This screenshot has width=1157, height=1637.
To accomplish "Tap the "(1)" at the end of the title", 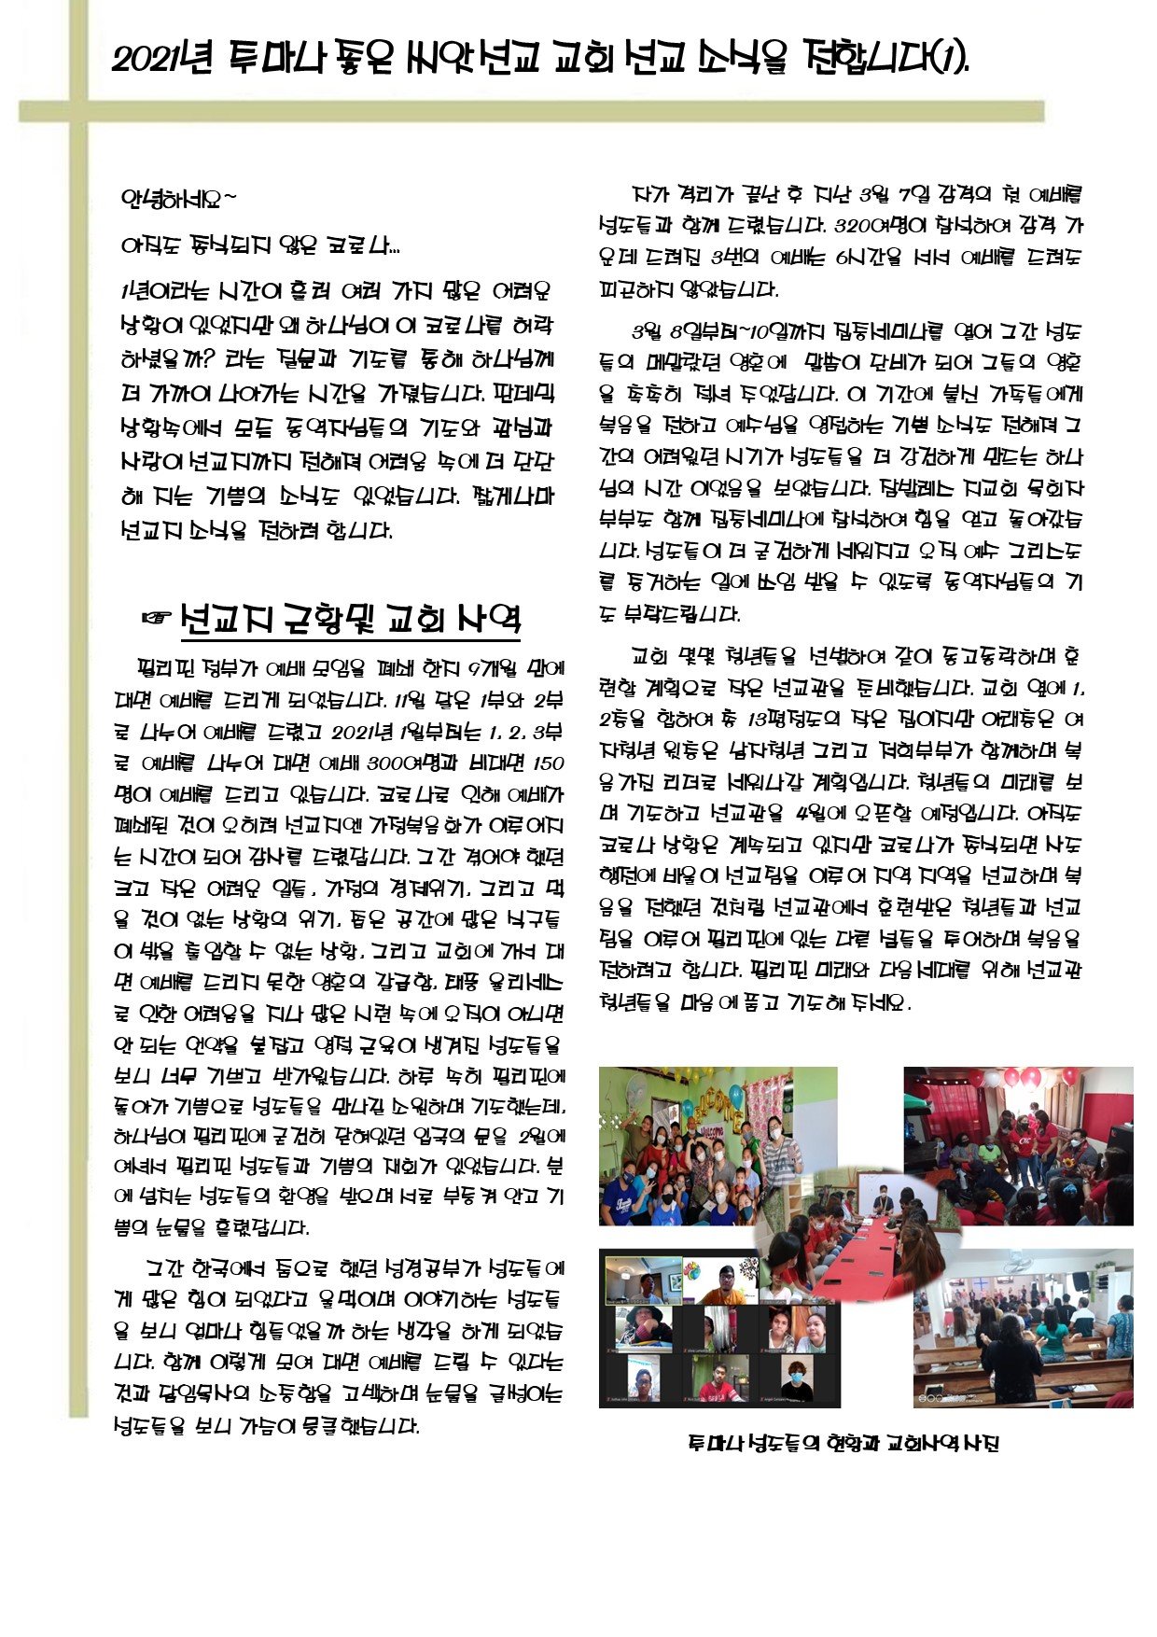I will (x=949, y=61).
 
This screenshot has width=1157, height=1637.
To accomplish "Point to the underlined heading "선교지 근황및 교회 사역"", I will (x=351, y=619).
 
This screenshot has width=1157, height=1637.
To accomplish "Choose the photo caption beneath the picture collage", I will (x=843, y=1443).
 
